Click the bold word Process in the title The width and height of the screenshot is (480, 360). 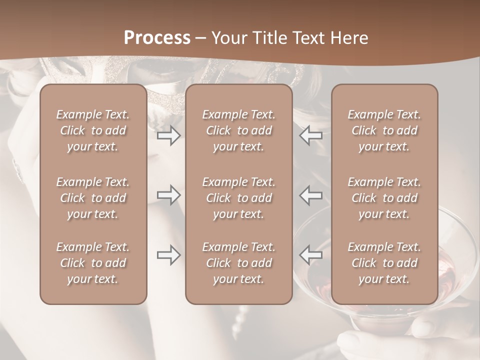pos(157,38)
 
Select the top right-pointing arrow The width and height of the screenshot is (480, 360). pos(168,135)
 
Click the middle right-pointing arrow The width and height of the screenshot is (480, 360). pos(168,195)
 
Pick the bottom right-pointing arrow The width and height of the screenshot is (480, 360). pos(168,255)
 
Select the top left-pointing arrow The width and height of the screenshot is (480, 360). pos(311,135)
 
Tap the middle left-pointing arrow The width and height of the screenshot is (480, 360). pos(311,195)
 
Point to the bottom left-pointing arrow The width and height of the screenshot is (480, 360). pos(311,255)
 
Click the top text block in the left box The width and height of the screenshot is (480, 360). pos(93,130)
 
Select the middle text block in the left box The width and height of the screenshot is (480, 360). pos(93,198)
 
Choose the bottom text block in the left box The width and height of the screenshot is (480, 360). pos(93,263)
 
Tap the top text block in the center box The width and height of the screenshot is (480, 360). pos(238,130)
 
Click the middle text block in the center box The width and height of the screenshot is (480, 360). pos(238,198)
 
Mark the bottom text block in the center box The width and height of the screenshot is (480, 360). pos(238,263)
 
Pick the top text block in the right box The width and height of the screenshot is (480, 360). pos(384,130)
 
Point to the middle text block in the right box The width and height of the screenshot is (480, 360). pos(384,198)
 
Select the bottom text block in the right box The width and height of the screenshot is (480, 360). pos(384,263)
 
